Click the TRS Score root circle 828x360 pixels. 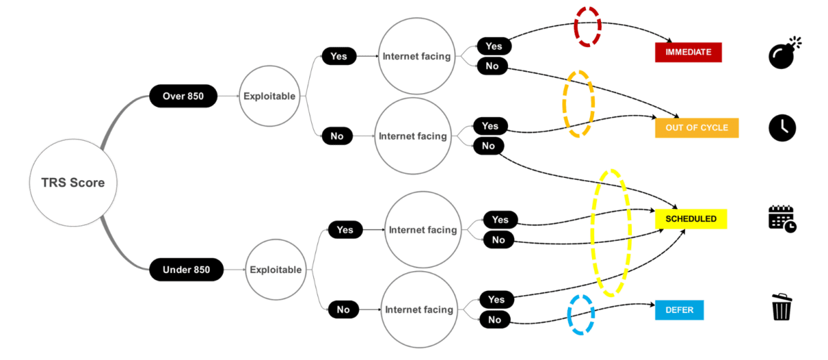(x=73, y=183)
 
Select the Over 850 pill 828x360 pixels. (x=184, y=96)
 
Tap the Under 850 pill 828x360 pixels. (x=186, y=270)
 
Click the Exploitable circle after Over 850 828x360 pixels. (x=270, y=96)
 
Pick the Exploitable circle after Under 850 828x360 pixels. (x=276, y=270)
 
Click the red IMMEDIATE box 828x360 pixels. (x=689, y=52)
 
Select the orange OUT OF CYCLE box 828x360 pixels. (x=697, y=128)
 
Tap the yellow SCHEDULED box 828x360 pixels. (x=691, y=219)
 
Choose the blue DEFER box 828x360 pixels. (x=680, y=310)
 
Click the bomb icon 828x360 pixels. (x=784, y=53)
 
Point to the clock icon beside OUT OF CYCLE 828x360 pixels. (x=782, y=128)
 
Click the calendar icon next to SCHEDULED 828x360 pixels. (x=782, y=219)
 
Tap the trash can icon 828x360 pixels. (x=781, y=307)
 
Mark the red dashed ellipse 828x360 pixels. (x=575, y=27)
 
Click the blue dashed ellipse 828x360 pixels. (x=569, y=315)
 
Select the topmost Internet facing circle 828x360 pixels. (x=417, y=56)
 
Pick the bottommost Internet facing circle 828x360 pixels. (x=420, y=310)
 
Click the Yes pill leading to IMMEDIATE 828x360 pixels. (x=494, y=46)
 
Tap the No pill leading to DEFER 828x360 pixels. (x=495, y=320)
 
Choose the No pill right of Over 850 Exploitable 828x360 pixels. (x=337, y=136)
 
